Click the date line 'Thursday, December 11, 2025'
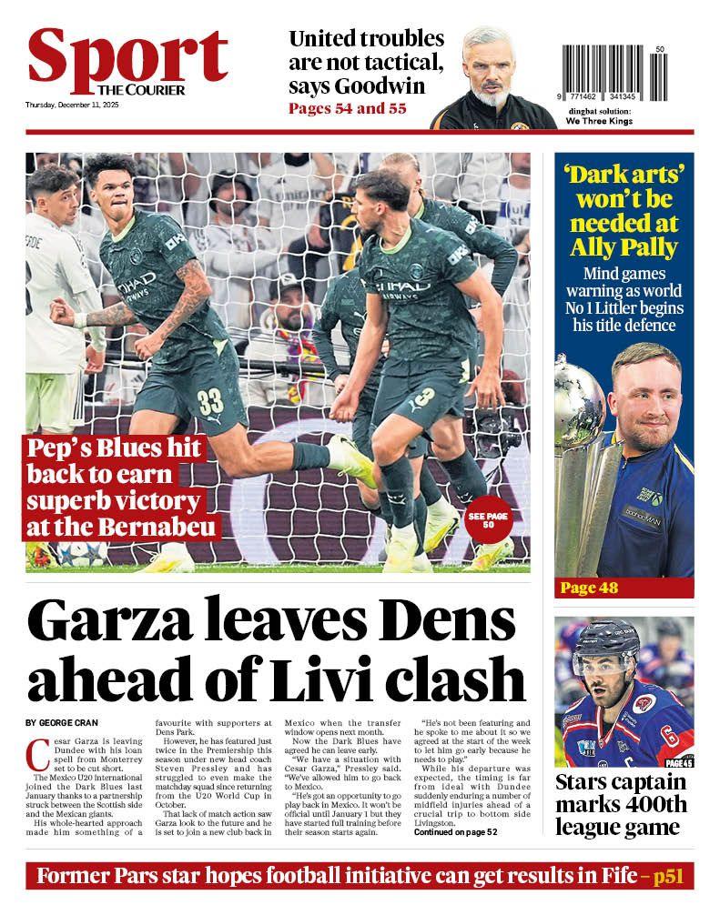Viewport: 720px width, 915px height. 73,106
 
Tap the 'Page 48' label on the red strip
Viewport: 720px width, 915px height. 589,588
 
